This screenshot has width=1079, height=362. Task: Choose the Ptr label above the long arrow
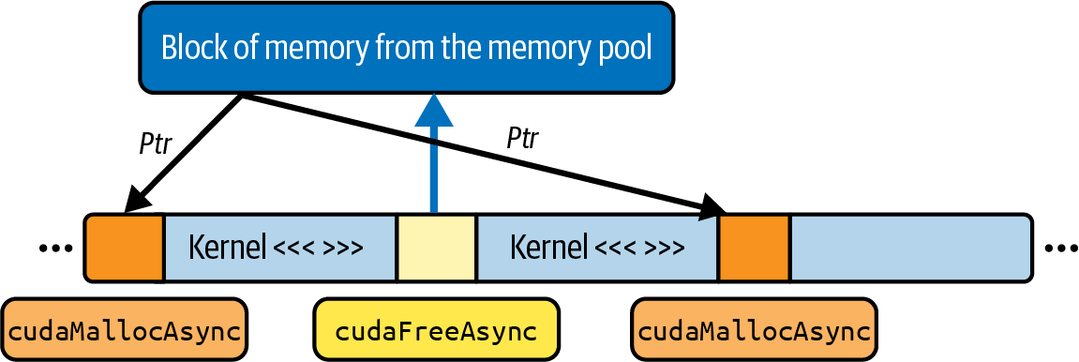pyautogui.click(x=522, y=140)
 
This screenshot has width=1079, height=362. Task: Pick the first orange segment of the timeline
pyautogui.click(x=124, y=248)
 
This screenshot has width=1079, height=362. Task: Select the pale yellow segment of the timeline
pyautogui.click(x=436, y=248)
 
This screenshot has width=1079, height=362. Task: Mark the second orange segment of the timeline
pyautogui.click(x=755, y=248)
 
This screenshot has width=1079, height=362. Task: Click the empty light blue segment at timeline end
pyautogui.click(x=911, y=248)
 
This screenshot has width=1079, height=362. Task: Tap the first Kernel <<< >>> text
pyautogui.click(x=276, y=248)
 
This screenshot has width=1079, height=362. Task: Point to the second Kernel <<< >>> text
pyautogui.click(x=596, y=248)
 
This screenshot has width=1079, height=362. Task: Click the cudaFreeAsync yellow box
pyautogui.click(x=436, y=330)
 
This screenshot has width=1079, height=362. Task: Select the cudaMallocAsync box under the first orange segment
pyautogui.click(x=125, y=330)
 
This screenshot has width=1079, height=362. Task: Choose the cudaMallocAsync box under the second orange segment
pyautogui.click(x=755, y=330)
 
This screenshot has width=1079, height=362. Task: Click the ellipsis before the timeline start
pyautogui.click(x=55, y=249)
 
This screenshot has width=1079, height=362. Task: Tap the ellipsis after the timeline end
pyautogui.click(x=1062, y=249)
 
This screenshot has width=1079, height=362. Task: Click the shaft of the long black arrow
pyautogui.click(x=474, y=150)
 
